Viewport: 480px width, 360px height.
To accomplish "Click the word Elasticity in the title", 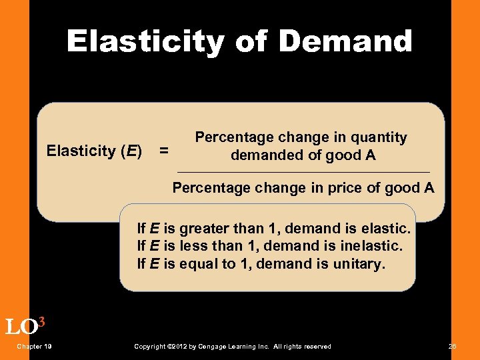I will [x=145, y=41].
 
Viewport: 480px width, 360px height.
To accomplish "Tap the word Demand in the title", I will [x=345, y=41].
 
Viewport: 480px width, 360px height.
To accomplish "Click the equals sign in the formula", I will [x=164, y=152].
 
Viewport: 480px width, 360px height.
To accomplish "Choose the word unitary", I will [x=361, y=263].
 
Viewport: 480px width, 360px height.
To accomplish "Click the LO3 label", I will [x=25, y=326].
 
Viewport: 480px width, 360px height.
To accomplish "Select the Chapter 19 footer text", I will [x=35, y=346].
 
